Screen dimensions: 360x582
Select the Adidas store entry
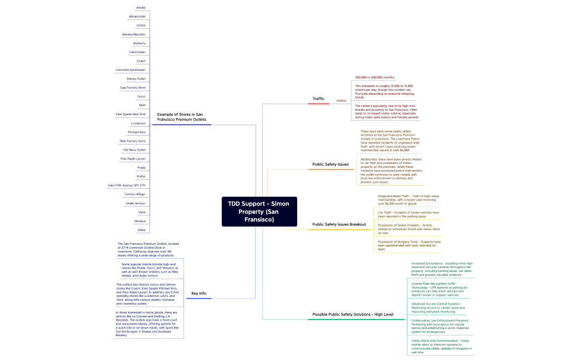(140, 8)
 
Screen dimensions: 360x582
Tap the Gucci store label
(141, 96)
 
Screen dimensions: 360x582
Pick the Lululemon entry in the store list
(138, 123)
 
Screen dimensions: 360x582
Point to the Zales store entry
(141, 230)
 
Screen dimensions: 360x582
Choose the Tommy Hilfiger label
(135, 194)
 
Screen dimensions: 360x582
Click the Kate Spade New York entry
(130, 114)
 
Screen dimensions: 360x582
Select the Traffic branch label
(318, 99)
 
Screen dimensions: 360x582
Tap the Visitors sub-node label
(341, 101)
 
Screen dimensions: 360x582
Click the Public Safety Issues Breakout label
(339, 224)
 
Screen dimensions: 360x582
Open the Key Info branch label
(198, 293)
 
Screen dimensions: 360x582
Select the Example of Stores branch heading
(181, 117)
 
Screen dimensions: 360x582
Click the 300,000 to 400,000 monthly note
(375, 78)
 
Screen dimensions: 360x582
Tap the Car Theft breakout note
(409, 214)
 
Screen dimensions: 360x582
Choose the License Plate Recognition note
(439, 289)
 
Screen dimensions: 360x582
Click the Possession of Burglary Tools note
(409, 245)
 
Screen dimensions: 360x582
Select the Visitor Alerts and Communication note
(441, 346)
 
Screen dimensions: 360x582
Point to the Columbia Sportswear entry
(130, 70)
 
